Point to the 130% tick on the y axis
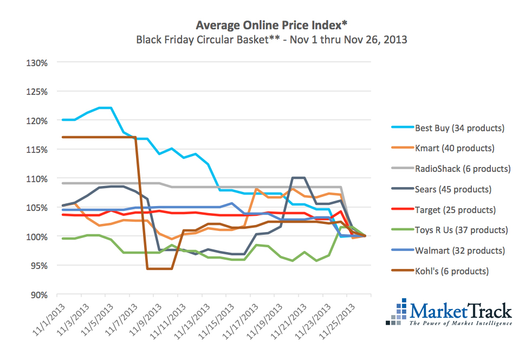pos(37,62)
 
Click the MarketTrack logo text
pos(460,311)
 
